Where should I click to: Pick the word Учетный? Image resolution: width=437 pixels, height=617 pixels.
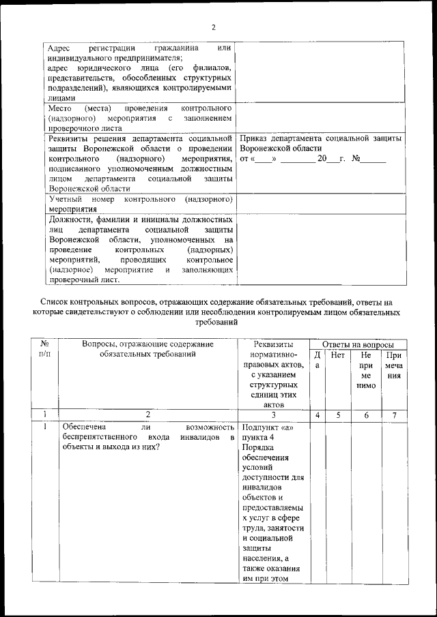[66, 199]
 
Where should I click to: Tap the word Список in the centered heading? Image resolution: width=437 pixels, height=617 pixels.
[55, 301]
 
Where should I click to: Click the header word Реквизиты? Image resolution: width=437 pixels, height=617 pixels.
[272, 344]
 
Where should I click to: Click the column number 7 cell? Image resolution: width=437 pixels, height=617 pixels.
[393, 414]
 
